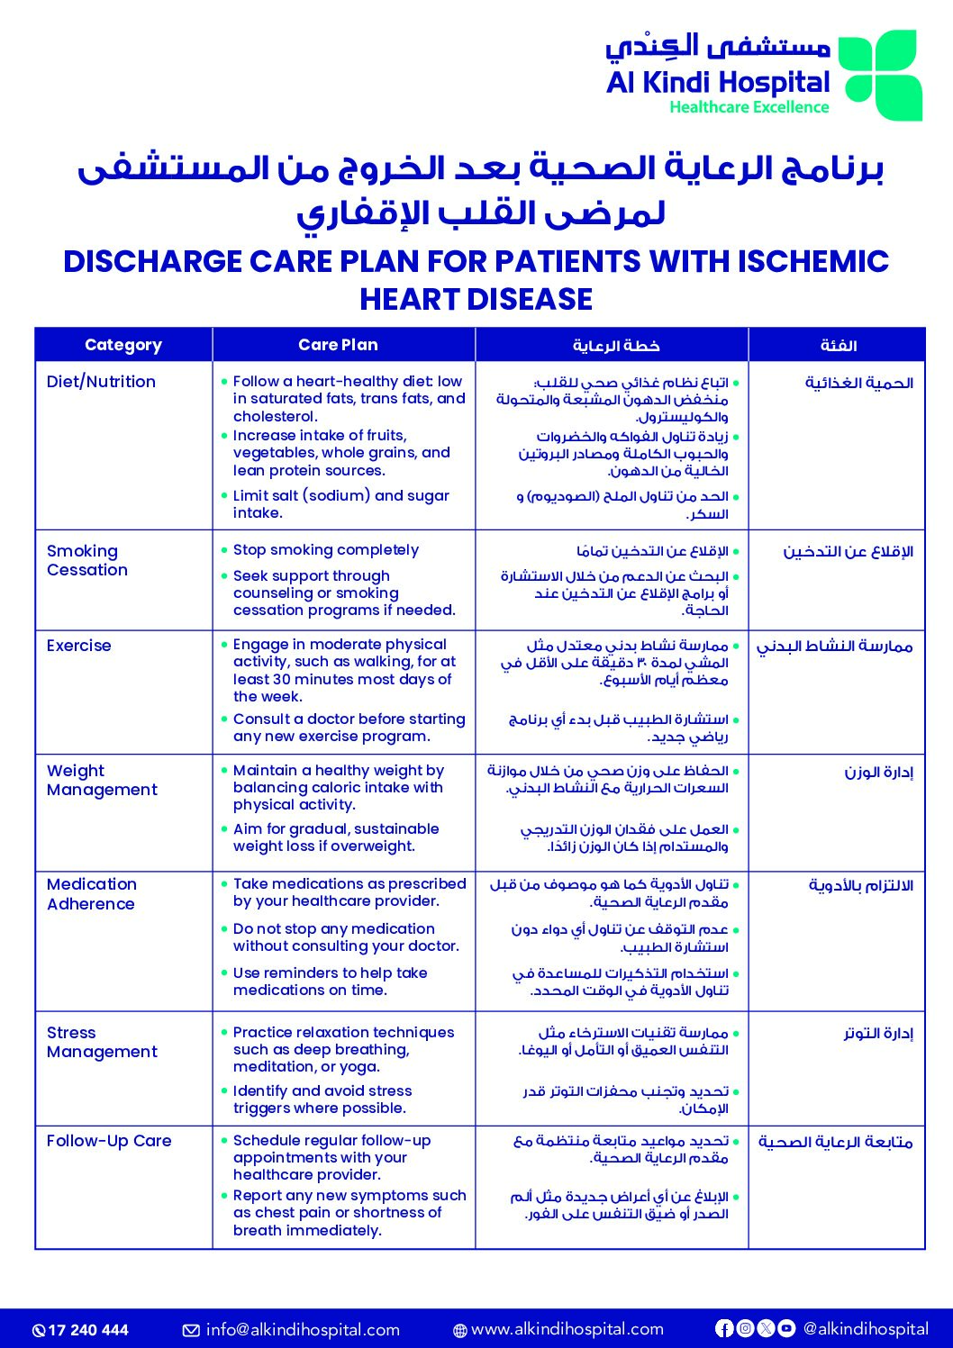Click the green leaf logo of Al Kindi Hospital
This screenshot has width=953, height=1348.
[x=880, y=76]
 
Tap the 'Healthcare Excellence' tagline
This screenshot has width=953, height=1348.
[x=749, y=107]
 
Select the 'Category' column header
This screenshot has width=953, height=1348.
[x=123, y=345]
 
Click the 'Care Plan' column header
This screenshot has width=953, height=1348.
[x=338, y=345]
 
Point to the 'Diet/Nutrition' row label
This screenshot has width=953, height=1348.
[x=101, y=382]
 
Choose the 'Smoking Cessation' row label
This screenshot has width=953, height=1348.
[x=87, y=560]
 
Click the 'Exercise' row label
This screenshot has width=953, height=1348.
[x=79, y=646]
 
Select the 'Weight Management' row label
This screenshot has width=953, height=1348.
[x=102, y=780]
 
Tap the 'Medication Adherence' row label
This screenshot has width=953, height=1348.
[x=92, y=894]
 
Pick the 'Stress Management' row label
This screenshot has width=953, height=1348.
[x=102, y=1042]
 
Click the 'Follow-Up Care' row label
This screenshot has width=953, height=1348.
[x=109, y=1141]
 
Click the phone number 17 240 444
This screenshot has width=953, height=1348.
[x=88, y=1330]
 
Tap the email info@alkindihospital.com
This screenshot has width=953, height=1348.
[x=303, y=1330]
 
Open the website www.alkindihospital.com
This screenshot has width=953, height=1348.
[x=567, y=1329]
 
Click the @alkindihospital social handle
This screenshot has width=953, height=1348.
[x=866, y=1329]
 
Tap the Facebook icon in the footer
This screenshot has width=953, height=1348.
[x=724, y=1328]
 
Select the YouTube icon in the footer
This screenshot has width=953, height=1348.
[x=786, y=1328]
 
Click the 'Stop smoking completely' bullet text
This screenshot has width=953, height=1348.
[x=326, y=550]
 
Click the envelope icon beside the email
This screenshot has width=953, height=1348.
[x=191, y=1331]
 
